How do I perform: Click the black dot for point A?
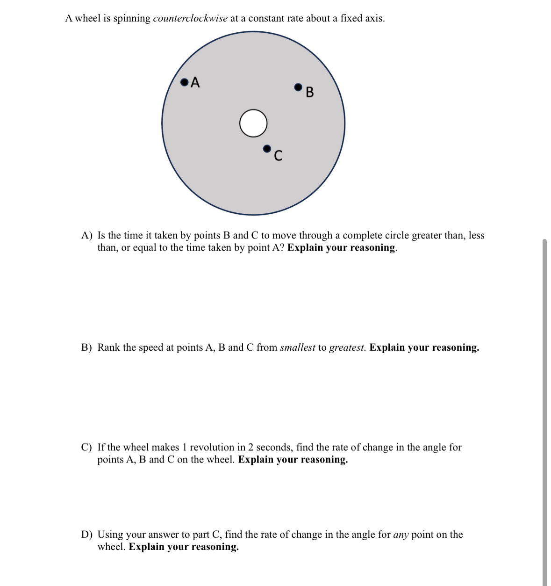tap(185, 83)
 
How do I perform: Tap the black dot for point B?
tap(298, 87)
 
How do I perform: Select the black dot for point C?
tap(267, 149)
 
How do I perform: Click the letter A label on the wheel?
tap(195, 82)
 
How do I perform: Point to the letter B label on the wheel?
tap(309, 92)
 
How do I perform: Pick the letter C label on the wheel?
tap(278, 155)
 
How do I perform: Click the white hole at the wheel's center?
tap(253, 123)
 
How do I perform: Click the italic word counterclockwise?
tap(190, 18)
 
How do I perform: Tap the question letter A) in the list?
tap(87, 235)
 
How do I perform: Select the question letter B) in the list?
tap(86, 347)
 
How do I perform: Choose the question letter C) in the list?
tap(86, 447)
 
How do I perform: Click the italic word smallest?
tap(297, 347)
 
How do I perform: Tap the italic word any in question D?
tap(401, 535)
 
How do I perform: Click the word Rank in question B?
tap(108, 347)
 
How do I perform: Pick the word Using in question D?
tap(110, 535)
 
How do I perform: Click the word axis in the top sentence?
tap(373, 18)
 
